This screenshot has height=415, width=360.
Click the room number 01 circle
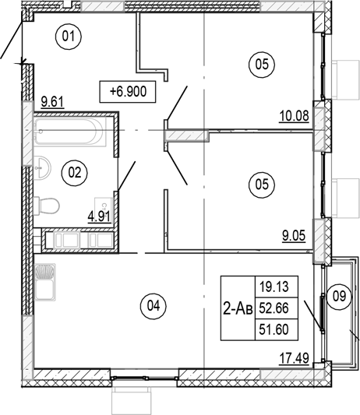(x=69, y=35)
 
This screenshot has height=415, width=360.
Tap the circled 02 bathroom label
(x=75, y=173)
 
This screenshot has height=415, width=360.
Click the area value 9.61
(x=52, y=100)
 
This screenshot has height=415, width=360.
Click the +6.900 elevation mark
(x=128, y=91)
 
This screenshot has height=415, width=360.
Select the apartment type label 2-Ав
(x=238, y=308)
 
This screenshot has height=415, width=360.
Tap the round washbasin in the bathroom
(x=41, y=167)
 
